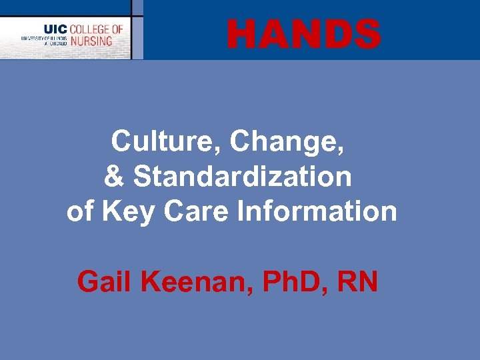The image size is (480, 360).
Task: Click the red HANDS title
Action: coord(303,34)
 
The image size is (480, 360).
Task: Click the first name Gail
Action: coord(106,282)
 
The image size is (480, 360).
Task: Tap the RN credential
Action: coord(359,282)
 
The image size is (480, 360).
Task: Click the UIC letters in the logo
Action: coord(55,29)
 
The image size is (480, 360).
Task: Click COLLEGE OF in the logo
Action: coord(97,29)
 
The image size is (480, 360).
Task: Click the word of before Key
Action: coord(80,212)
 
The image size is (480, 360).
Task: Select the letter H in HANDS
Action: coord(241,34)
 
